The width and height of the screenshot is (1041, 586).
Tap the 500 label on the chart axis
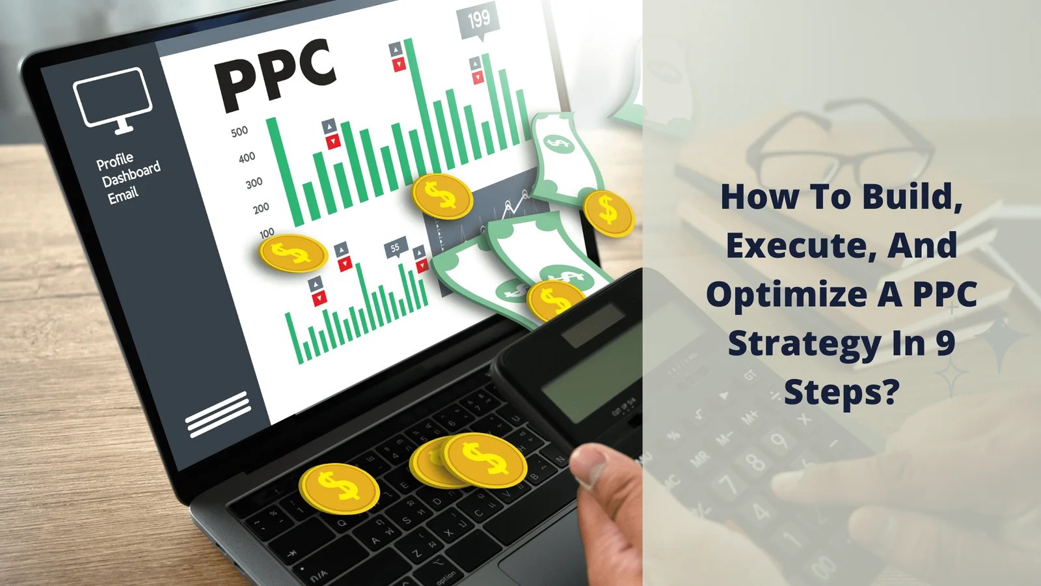(239, 132)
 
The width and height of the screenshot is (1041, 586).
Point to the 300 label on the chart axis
(254, 183)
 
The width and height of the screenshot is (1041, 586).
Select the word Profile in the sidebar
(115, 161)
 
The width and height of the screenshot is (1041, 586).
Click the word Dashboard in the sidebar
(131, 176)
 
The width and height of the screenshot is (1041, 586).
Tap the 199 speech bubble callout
(479, 20)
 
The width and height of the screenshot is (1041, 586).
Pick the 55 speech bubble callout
(395, 247)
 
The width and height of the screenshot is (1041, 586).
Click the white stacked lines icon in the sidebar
(218, 413)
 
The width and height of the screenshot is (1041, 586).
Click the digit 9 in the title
(945, 343)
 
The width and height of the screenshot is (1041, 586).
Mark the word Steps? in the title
(841, 392)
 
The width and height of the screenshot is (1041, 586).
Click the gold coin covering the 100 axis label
(293, 253)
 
